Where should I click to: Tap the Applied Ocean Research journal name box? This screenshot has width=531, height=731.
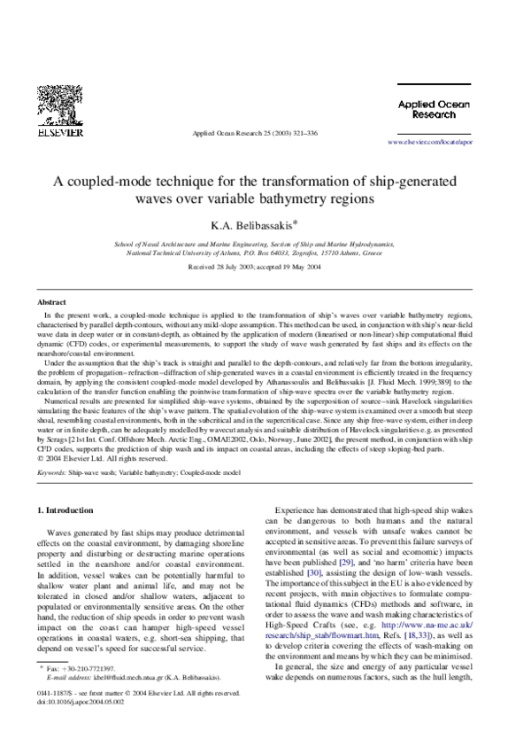click(427, 109)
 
